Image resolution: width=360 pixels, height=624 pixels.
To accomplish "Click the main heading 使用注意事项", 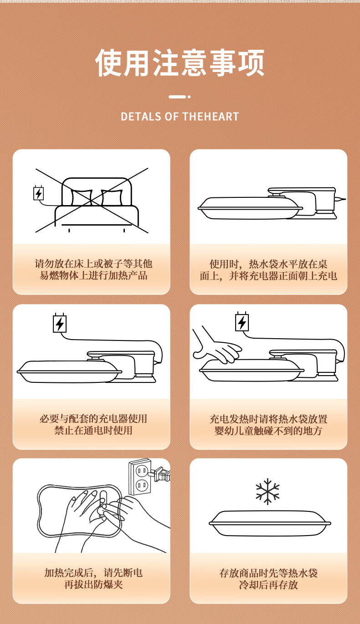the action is point(180,63).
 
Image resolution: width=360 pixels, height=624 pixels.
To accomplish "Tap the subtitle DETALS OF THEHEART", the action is point(180,116).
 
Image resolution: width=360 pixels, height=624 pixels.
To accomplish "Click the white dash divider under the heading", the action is point(180,97).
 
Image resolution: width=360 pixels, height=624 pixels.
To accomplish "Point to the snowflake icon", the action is point(267,491).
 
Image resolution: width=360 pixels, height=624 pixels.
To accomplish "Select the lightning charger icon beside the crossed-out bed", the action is point(38,193).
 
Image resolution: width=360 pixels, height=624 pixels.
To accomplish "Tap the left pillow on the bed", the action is point(82,198).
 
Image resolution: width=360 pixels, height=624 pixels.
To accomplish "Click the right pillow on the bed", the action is point(112,198).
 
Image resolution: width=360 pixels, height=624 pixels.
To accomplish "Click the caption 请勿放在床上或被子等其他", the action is point(93,263).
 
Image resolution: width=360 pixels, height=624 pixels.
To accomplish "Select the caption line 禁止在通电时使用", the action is point(93,430).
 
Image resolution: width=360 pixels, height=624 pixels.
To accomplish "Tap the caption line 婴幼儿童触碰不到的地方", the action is point(268,431).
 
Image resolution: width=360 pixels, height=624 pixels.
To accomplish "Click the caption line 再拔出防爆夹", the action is point(93,584).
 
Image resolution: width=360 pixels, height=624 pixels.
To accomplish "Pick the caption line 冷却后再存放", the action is point(268,585).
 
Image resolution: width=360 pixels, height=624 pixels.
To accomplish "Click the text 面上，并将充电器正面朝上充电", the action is point(268,276).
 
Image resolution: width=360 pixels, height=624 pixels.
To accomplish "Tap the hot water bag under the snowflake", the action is point(270,523).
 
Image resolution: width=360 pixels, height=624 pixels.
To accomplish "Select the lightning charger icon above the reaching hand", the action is point(242,322).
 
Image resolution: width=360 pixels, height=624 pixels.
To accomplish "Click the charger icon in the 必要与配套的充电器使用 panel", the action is point(60,323).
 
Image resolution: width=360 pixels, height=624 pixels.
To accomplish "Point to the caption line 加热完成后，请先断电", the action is point(93,573).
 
